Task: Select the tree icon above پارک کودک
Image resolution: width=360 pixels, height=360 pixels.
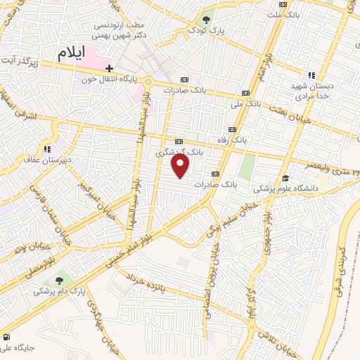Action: pyautogui.click(x=206, y=20)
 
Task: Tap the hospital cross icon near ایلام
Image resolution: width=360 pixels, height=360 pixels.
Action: pyautogui.click(x=109, y=68)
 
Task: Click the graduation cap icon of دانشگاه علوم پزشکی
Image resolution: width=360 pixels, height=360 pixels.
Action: pyautogui.click(x=285, y=179)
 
